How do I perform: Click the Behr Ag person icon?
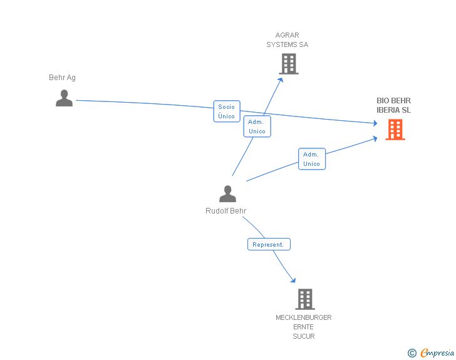click(x=64, y=98)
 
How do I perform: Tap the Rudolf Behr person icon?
click(x=227, y=193)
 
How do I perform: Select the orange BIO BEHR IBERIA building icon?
click(x=395, y=130)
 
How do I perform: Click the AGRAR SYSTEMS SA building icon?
click(x=289, y=64)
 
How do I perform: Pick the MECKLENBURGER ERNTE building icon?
click(x=305, y=299)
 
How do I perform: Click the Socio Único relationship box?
click(x=227, y=111)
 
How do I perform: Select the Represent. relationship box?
click(x=269, y=244)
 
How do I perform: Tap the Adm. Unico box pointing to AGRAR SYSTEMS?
click(x=257, y=126)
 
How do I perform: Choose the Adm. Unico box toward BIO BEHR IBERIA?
click(x=312, y=159)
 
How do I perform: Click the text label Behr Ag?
click(x=62, y=78)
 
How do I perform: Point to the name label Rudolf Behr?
click(x=225, y=211)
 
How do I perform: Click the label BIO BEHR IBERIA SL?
click(x=393, y=105)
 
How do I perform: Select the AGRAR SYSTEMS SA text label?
click(x=288, y=40)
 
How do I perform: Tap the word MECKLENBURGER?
click(x=304, y=317)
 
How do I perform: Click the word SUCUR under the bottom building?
click(x=304, y=336)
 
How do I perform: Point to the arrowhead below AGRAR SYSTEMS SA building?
click(x=281, y=80)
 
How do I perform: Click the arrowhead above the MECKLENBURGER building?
click(x=293, y=280)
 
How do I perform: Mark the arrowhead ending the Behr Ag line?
click(x=375, y=123)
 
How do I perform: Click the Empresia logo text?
click(x=437, y=352)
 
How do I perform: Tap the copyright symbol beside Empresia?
click(x=412, y=353)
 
